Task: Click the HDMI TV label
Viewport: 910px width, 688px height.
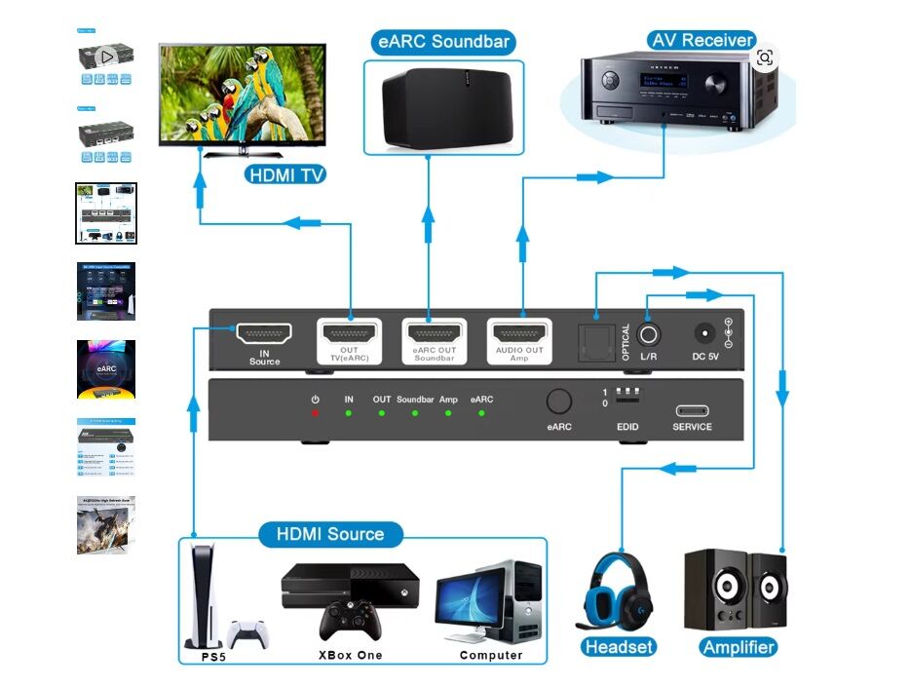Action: tap(285, 175)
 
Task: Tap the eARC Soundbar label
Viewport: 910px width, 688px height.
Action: tap(442, 42)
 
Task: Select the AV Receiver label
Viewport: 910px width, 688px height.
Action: tap(701, 40)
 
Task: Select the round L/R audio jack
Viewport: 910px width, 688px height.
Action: tap(649, 334)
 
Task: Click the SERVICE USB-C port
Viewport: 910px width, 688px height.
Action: tap(692, 409)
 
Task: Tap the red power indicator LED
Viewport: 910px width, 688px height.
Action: tap(315, 413)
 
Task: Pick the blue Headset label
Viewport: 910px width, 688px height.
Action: tap(619, 647)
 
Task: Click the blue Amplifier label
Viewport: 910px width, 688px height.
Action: tap(737, 647)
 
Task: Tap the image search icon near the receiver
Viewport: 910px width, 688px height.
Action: tap(766, 57)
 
